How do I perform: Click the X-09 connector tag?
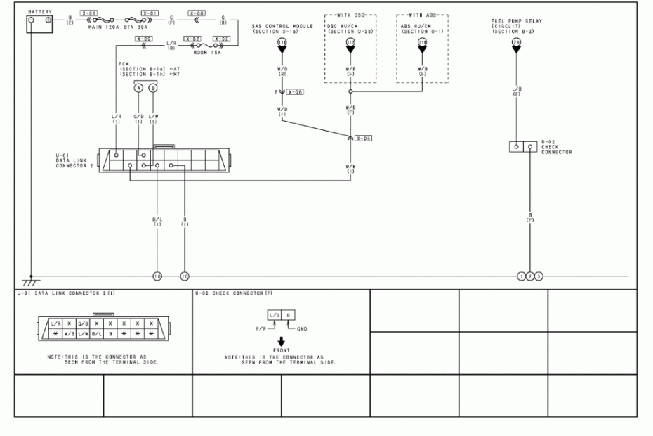coord(143,39)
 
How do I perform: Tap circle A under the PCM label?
coord(138,87)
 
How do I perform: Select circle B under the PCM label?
coord(153,87)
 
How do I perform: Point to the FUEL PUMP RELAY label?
coord(516,21)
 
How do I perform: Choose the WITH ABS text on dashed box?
coord(422,14)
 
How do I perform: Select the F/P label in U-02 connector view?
coord(263,328)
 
